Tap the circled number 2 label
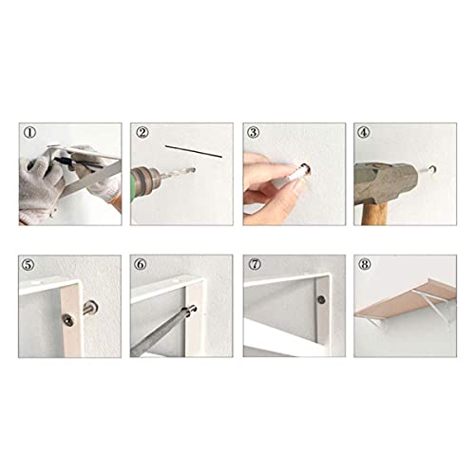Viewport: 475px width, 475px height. (x=142, y=133)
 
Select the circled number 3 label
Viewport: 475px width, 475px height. (x=254, y=133)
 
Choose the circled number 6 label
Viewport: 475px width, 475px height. (x=142, y=264)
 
